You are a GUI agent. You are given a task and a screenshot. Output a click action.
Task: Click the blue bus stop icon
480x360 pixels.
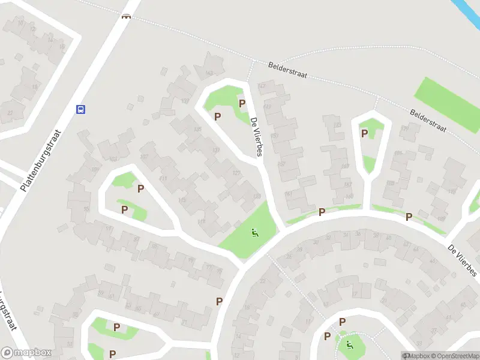[x=80, y=109]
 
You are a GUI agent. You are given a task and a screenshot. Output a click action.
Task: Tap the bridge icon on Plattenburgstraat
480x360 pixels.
[x=126, y=17]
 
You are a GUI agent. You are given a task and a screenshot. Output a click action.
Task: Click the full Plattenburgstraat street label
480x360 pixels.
[x=42, y=160]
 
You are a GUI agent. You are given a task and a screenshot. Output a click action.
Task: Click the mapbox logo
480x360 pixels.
[x=26, y=353]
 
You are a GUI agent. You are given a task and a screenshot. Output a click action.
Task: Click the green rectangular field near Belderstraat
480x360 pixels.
[x=446, y=104]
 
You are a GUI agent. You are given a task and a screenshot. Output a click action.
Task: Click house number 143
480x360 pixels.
[x=209, y=73]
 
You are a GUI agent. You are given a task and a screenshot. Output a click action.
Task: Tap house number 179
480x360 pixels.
[x=404, y=128]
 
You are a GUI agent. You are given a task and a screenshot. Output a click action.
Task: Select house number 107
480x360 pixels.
[x=143, y=157]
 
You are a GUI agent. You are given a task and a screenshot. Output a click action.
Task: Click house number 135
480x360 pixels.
[x=197, y=130]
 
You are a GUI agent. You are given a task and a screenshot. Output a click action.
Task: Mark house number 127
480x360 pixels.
[x=236, y=173]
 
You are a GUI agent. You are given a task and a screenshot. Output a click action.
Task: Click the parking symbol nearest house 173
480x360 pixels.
[x=364, y=133]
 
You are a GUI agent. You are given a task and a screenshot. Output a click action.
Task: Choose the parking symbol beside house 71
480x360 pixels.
[x=220, y=301]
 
